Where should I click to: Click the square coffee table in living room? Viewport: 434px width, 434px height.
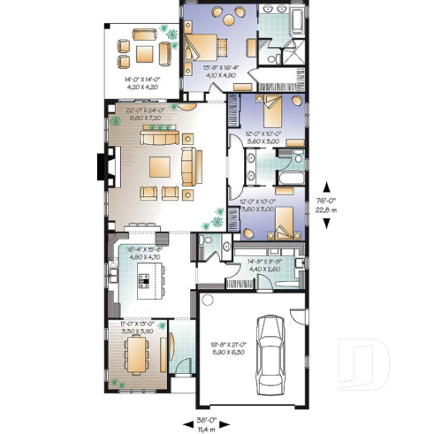(x=161, y=165)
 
